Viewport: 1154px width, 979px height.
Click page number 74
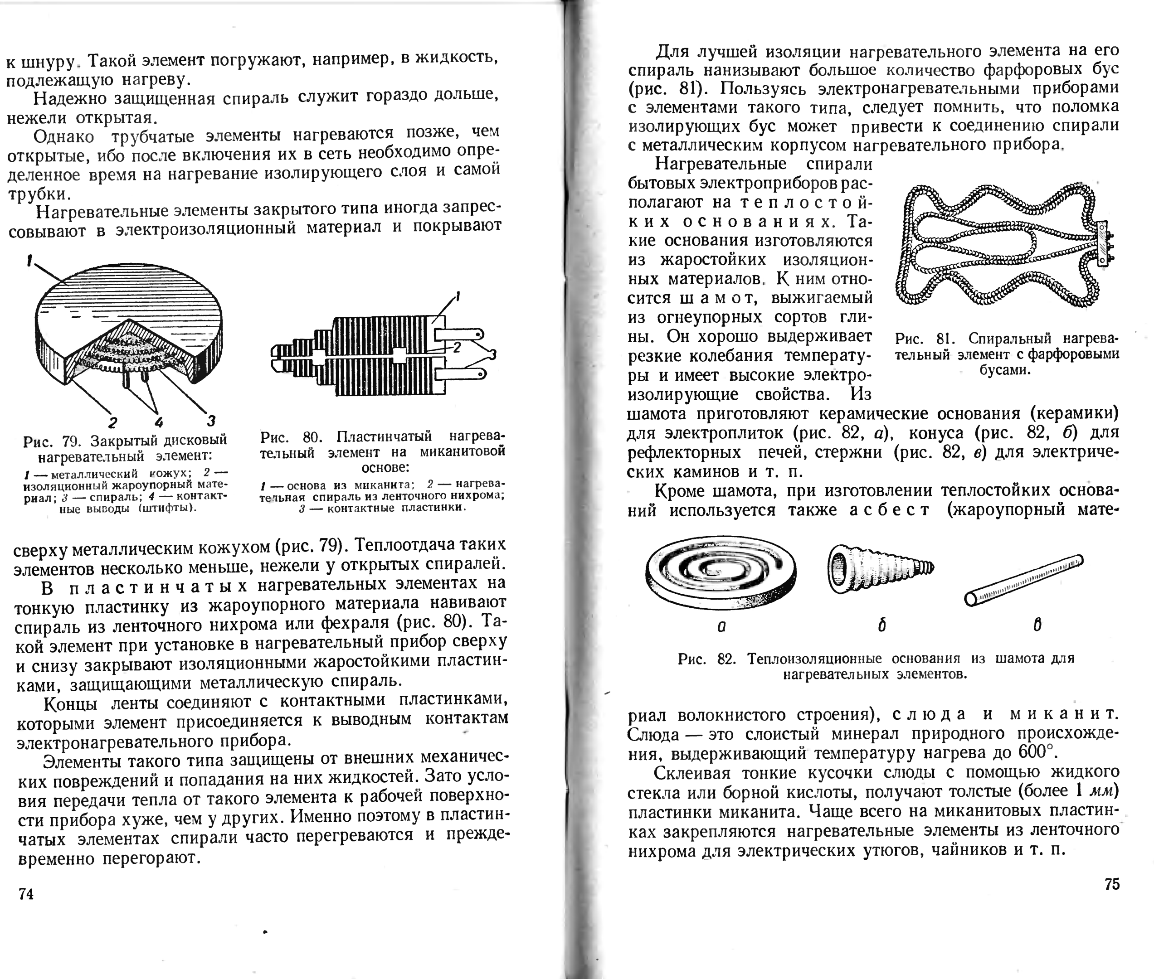click(x=26, y=893)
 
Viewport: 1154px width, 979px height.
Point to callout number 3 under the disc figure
click(x=211, y=421)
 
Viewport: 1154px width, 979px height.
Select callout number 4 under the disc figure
click(x=159, y=422)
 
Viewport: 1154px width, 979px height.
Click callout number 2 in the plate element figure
click(x=457, y=348)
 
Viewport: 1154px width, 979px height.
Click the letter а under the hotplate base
click(x=721, y=626)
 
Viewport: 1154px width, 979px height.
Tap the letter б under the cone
click(x=881, y=625)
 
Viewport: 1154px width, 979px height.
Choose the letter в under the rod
click(x=1037, y=625)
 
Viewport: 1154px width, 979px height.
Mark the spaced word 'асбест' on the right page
click(x=889, y=509)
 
